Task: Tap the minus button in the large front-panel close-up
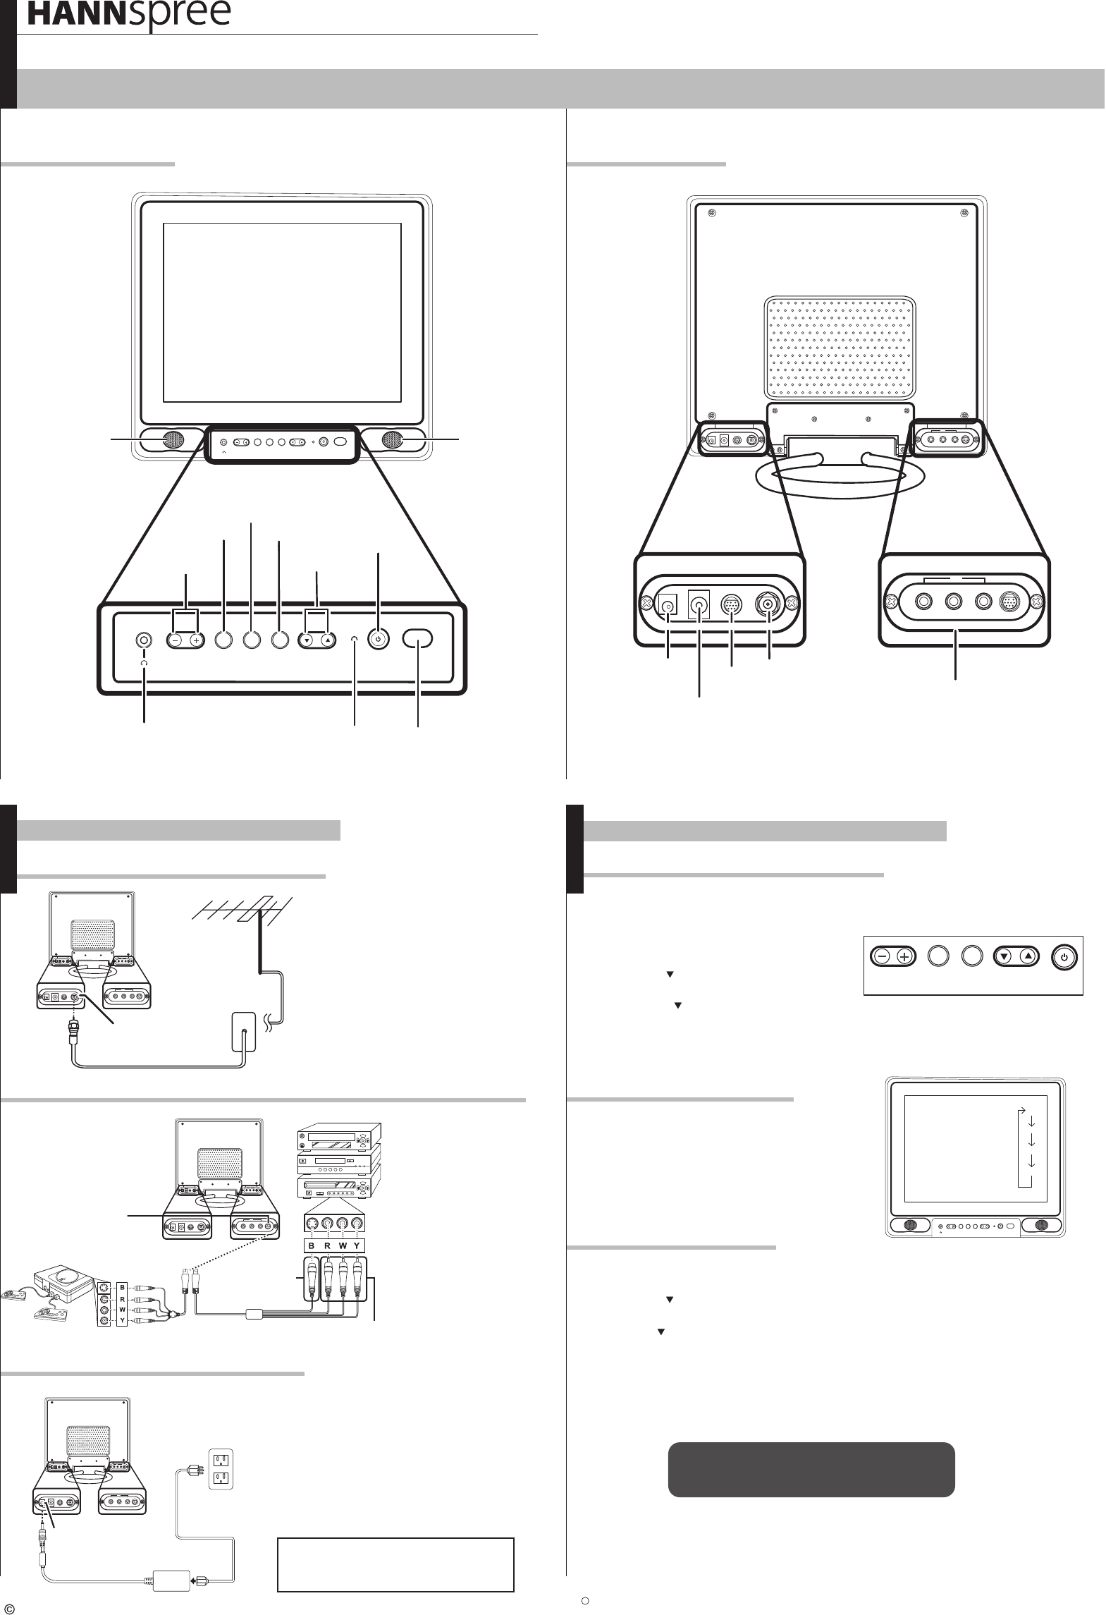click(x=175, y=640)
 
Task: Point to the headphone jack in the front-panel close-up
click(x=144, y=640)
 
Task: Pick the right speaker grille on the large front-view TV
click(x=392, y=439)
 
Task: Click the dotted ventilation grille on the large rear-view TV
click(x=842, y=346)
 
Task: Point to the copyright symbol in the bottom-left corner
click(x=9, y=1604)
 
